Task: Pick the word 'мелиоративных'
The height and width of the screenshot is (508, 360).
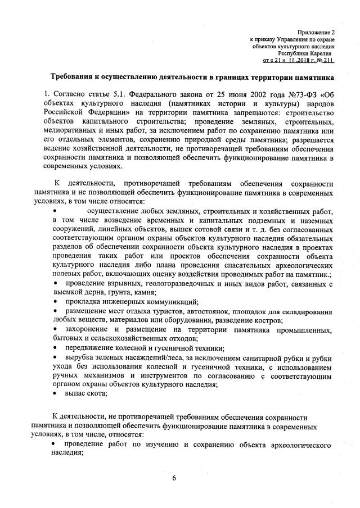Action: coord(74,131)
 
